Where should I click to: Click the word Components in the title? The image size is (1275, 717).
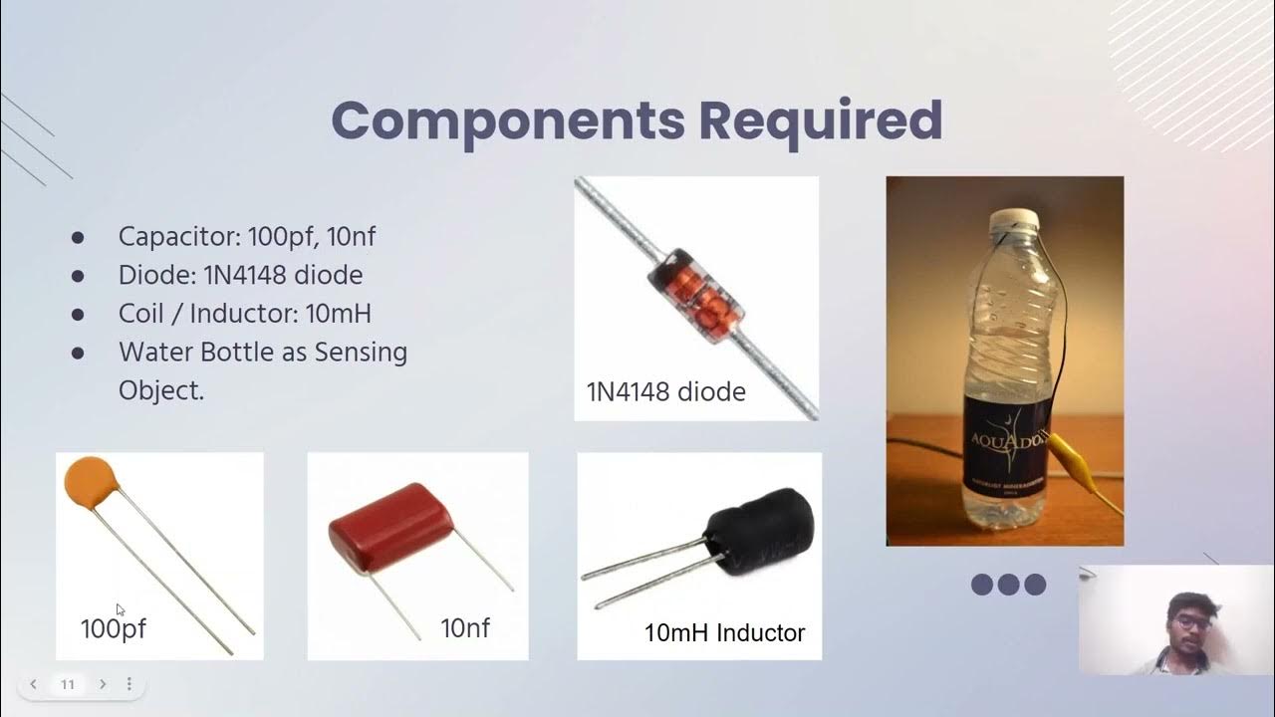pos(508,121)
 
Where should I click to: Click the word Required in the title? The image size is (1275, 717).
pos(820,121)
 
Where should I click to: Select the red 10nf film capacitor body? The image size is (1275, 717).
pos(390,526)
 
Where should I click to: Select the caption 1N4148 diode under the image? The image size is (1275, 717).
pos(665,392)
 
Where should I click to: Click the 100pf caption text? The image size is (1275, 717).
pos(113,628)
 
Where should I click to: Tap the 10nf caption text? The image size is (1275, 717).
pos(465,628)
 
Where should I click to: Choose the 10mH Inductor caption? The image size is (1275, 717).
pos(724,632)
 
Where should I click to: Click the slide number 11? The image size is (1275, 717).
pos(68,684)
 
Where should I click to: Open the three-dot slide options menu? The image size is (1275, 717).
pos(128,684)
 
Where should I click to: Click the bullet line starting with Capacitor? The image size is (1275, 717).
pos(246,237)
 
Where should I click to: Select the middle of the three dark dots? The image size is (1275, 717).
pos(1009,585)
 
